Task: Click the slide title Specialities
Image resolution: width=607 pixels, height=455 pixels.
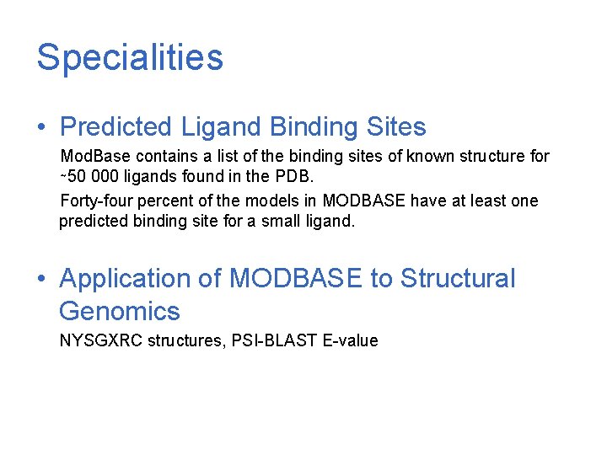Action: (x=130, y=58)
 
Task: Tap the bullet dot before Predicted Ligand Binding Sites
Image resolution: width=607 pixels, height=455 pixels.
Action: (x=41, y=128)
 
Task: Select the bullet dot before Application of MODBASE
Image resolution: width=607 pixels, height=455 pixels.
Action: (x=41, y=279)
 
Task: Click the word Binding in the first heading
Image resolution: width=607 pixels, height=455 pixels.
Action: (x=314, y=127)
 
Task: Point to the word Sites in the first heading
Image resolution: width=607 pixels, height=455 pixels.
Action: (x=396, y=127)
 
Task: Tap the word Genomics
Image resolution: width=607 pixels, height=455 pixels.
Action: (x=120, y=312)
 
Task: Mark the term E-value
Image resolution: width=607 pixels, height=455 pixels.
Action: (x=351, y=341)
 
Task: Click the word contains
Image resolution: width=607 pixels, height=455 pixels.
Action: (x=169, y=157)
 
